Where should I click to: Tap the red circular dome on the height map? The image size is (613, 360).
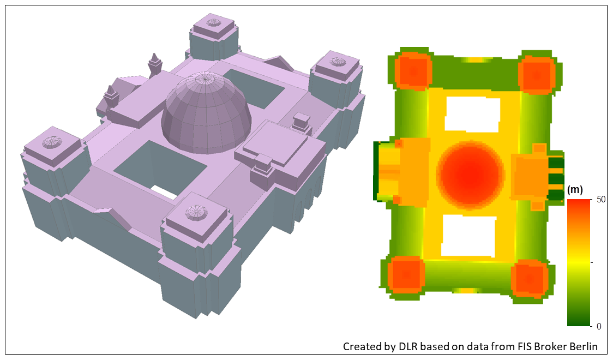click(x=470, y=175)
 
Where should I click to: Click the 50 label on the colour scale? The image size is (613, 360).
click(x=601, y=199)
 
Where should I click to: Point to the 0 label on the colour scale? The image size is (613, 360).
click(x=599, y=326)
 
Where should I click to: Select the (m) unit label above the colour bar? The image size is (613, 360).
click(x=575, y=190)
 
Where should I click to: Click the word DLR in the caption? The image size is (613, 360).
click(x=408, y=346)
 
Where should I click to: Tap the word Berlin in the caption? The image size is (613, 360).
click(x=584, y=346)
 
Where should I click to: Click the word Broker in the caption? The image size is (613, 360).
click(x=555, y=346)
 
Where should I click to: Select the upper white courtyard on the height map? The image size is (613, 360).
click(x=472, y=114)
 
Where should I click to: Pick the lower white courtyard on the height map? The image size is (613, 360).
click(x=468, y=236)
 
